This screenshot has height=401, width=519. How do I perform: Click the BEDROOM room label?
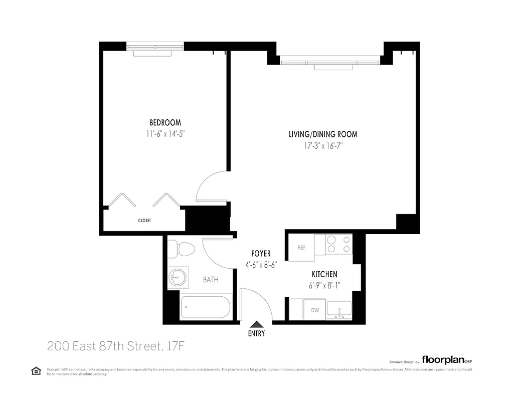click(165, 123)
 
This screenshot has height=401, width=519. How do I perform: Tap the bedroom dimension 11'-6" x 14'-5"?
click(165, 134)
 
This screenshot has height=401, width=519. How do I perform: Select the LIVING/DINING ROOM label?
click(322, 134)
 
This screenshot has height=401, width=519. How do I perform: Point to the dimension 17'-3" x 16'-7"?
click(322, 146)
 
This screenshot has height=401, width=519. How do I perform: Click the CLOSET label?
click(144, 221)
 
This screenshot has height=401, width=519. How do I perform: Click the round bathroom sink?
click(177, 277)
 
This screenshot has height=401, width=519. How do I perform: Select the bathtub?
click(205, 307)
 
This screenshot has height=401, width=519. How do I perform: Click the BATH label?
click(211, 280)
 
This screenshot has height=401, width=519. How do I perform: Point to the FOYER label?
click(261, 254)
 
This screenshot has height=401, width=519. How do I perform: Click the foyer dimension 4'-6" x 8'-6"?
click(261, 265)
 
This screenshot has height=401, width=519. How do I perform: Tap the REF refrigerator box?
click(301, 248)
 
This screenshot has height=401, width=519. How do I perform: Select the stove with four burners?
click(338, 244)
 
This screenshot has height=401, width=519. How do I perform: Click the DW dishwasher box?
click(315, 310)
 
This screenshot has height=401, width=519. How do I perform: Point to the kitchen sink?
click(339, 309)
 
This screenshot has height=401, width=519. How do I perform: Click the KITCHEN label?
click(324, 275)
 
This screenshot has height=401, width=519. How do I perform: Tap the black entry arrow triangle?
click(256, 325)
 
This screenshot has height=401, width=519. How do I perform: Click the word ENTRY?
click(256, 334)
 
